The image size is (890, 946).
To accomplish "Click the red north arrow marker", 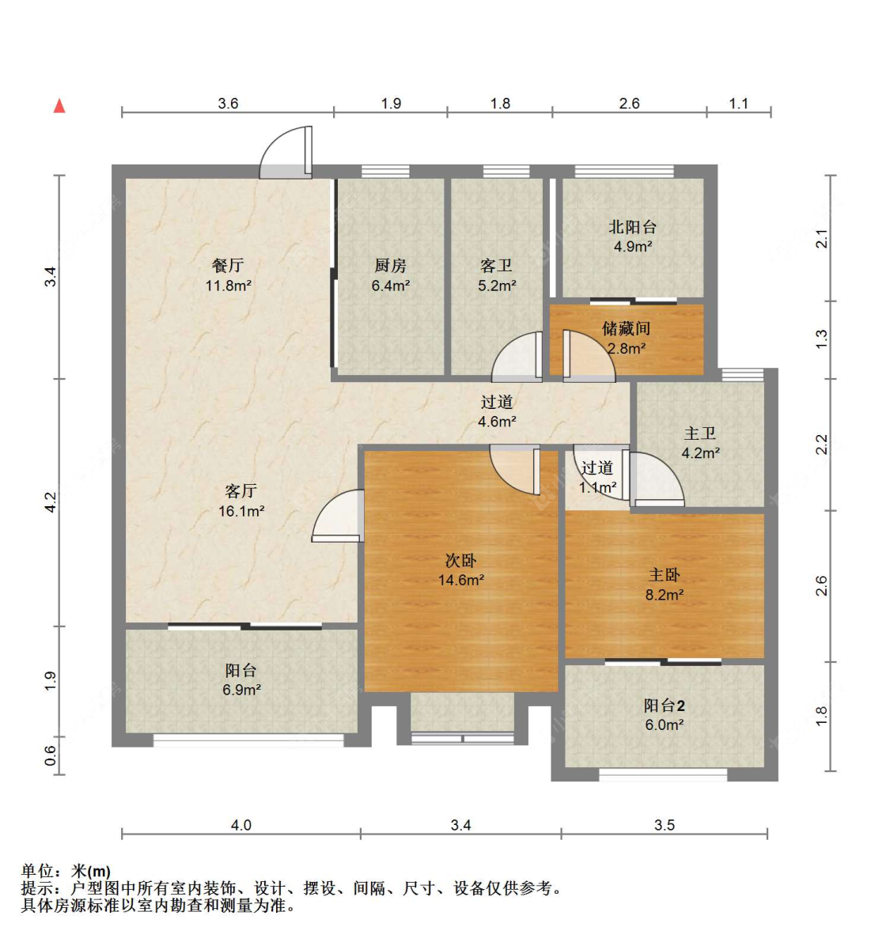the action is tap(59, 106).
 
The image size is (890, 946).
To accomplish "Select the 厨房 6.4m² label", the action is tap(390, 275).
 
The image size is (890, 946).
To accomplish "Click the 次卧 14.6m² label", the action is tap(461, 570).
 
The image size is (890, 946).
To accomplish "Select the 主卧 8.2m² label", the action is tap(665, 585).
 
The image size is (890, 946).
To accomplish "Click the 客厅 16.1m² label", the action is tap(241, 501).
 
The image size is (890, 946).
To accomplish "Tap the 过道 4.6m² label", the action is tap(497, 411).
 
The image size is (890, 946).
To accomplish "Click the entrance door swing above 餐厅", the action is tap(286, 152).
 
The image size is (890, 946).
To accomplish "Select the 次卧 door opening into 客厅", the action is tap(338, 515).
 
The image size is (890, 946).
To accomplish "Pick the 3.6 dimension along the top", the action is tap(228, 103).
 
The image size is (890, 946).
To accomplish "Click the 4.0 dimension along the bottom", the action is tap(241, 825).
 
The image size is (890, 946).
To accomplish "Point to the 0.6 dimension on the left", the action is tap(51, 756).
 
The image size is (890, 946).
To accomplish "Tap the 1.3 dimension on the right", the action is tap(822, 339).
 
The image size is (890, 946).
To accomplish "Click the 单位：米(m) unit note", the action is tap(66, 871).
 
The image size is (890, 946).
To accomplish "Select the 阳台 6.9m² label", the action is tap(241, 679).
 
